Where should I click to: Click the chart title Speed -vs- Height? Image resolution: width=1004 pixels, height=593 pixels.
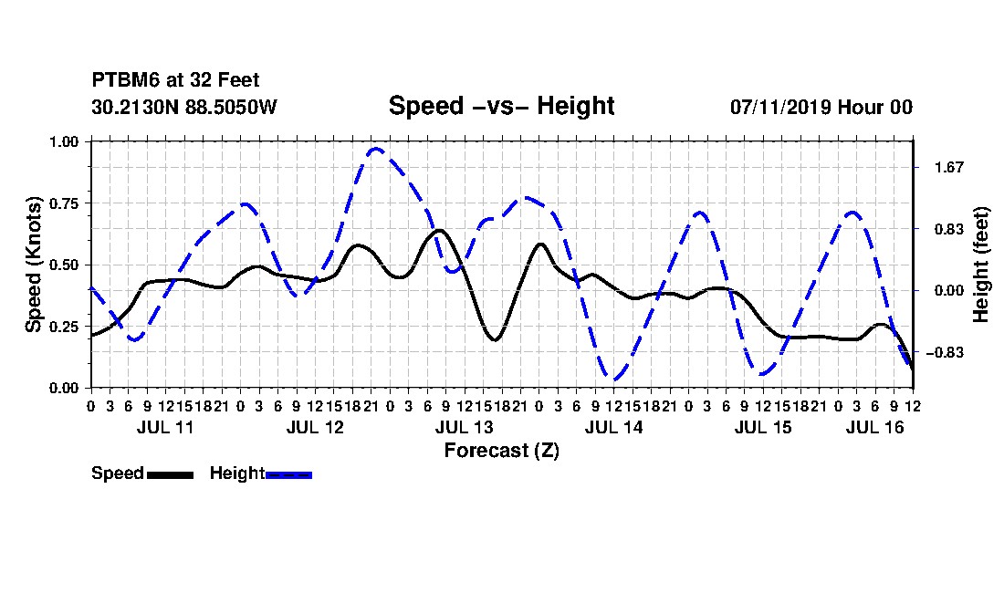(x=501, y=106)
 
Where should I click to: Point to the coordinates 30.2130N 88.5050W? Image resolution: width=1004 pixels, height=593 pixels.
(x=184, y=107)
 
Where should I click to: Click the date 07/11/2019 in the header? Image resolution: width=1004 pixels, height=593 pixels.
(x=779, y=107)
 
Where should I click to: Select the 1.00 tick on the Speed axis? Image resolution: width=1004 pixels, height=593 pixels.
(x=63, y=141)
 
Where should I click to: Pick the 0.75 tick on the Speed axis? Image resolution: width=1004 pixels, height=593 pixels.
(x=63, y=203)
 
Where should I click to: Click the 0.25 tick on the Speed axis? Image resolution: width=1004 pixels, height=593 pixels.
(x=63, y=327)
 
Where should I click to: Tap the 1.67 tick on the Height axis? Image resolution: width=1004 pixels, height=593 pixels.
(x=949, y=168)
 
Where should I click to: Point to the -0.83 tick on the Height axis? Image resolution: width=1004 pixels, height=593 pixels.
(x=945, y=352)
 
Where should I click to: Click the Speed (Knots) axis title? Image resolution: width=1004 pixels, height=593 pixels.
(x=34, y=265)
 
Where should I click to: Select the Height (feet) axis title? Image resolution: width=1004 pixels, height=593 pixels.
(x=980, y=265)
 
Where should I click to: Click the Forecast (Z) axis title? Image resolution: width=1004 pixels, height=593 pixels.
(x=501, y=451)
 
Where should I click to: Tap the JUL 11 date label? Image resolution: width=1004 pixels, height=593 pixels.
(x=165, y=427)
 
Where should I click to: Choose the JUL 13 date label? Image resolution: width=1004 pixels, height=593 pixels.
(x=465, y=427)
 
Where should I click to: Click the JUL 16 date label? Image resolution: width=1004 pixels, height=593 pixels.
(x=874, y=427)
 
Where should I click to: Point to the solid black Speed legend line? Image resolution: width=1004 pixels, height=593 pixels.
(x=171, y=474)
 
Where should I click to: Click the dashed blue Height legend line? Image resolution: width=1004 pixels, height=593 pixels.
(x=288, y=474)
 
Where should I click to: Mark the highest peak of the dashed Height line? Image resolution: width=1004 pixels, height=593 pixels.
(x=375, y=149)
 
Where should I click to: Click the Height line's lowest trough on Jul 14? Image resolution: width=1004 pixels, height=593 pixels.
(x=614, y=380)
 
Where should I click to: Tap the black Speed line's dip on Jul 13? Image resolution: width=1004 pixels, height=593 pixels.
(x=495, y=339)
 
